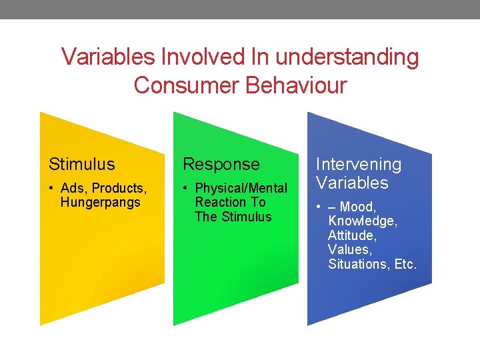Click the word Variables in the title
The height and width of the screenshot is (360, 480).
coord(108,57)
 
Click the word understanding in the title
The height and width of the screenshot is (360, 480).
coord(347,57)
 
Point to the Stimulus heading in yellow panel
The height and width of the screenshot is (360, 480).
coord(81,164)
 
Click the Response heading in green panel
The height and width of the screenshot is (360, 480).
coord(221,164)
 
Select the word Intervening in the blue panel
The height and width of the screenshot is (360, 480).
coord(359,164)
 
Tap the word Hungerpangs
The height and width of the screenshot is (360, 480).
coord(101,203)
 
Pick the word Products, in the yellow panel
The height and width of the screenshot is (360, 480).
coord(119,189)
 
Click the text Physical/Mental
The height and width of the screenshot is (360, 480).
coord(241,189)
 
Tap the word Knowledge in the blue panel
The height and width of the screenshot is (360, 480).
coord(361,221)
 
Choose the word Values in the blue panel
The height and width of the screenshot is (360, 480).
coord(349,250)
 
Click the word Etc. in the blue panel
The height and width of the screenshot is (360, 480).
coord(405,265)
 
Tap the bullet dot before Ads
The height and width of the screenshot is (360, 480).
coord(51,189)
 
